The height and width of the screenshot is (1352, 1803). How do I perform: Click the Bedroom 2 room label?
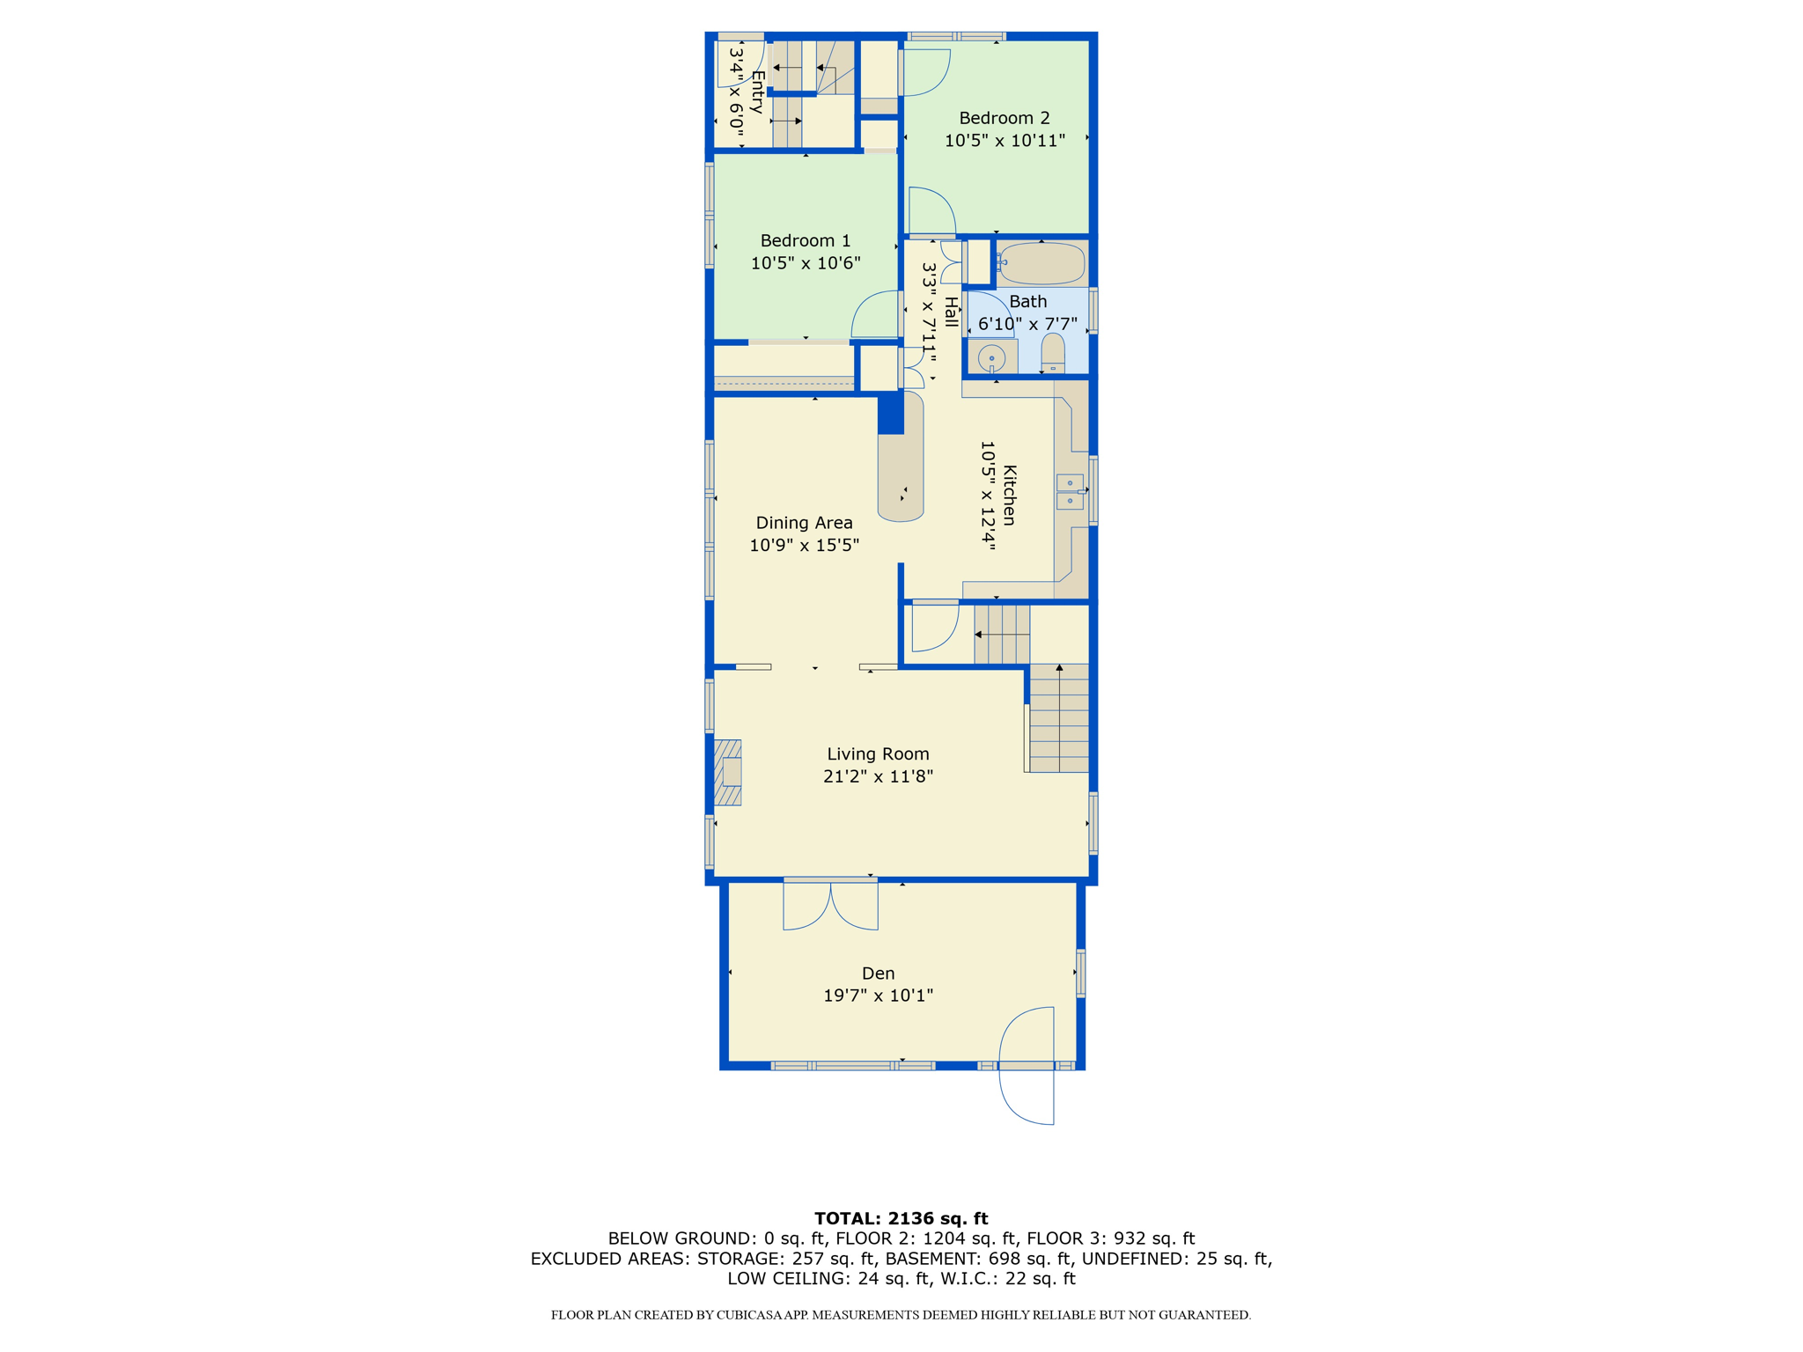(1004, 118)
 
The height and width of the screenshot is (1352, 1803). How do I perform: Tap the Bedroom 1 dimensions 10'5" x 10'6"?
(805, 262)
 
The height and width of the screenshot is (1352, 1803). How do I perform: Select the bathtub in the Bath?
(1041, 262)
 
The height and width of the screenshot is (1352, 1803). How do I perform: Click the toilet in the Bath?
(1053, 354)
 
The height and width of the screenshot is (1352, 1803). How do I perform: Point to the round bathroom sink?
(992, 358)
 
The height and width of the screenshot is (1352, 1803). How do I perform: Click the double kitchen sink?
(1070, 491)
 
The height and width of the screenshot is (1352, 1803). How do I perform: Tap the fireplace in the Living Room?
(727, 772)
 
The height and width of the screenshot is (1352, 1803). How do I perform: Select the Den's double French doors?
(830, 904)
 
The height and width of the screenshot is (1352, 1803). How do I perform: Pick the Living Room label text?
(878, 753)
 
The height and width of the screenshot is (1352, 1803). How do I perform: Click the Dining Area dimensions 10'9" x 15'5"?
(804, 545)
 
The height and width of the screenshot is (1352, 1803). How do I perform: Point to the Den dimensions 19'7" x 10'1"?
(878, 996)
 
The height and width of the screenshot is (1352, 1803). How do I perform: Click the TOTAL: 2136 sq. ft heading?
(901, 1218)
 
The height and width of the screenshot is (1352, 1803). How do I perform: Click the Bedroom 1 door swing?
(874, 314)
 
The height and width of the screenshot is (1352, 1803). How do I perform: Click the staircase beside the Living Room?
(1058, 718)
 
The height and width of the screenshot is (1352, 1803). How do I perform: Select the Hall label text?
(951, 312)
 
